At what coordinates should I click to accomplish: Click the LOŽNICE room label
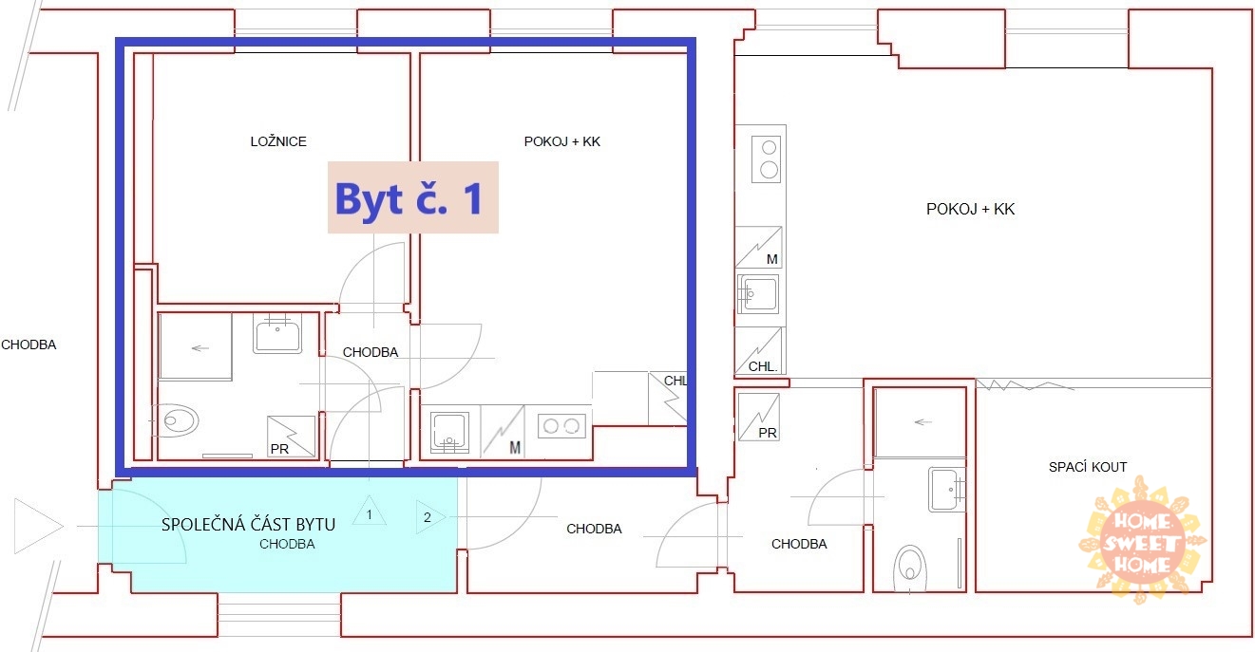click(278, 141)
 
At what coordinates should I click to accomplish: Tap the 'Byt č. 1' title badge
click(413, 197)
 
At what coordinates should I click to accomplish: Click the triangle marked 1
click(370, 511)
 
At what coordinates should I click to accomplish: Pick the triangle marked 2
click(430, 516)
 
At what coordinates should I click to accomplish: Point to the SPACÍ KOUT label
click(1088, 467)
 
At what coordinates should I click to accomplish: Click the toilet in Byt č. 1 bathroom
click(175, 420)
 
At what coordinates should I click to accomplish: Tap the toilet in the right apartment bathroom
click(910, 568)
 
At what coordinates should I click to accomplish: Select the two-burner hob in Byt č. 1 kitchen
click(561, 426)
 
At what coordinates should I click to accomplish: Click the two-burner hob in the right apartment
click(769, 159)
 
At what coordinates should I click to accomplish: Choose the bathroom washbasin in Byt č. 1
click(277, 333)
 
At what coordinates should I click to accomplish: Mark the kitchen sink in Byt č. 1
click(449, 433)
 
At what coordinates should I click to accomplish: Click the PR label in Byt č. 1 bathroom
click(279, 449)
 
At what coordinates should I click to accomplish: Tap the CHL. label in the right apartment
click(763, 366)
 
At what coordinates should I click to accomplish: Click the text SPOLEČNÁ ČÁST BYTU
click(248, 525)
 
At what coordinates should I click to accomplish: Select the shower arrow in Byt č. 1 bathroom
click(200, 348)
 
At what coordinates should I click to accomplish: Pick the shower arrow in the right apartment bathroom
click(922, 422)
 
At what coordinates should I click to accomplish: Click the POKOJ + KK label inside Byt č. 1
click(562, 141)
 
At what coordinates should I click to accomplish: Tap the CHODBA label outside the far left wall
click(29, 345)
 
